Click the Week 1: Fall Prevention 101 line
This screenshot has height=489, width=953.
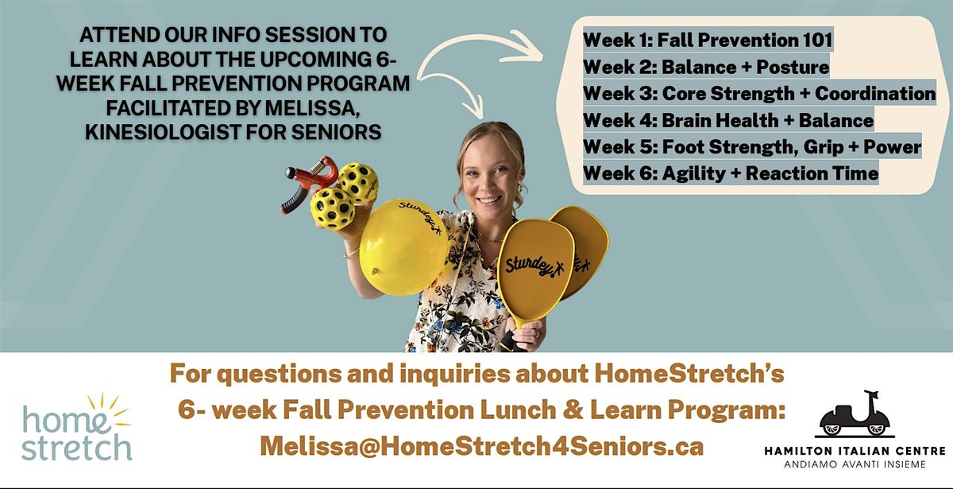click(708, 40)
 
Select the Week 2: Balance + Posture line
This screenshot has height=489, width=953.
click(706, 67)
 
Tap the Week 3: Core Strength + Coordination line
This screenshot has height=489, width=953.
click(759, 93)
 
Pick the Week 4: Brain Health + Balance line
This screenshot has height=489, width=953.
click(728, 120)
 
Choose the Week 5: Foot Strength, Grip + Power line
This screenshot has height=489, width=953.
click(752, 147)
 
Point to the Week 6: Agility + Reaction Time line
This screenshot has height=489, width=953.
click(731, 173)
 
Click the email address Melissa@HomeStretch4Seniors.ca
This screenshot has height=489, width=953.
click(481, 446)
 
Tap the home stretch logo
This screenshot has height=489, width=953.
click(76, 427)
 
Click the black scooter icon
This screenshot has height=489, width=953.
click(855, 414)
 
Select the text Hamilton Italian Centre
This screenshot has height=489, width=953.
click(855, 451)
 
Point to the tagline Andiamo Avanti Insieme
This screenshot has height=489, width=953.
click(855, 464)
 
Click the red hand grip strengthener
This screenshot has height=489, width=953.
click(308, 183)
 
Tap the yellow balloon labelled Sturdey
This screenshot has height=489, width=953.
click(403, 247)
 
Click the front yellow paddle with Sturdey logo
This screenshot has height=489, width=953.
click(534, 273)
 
